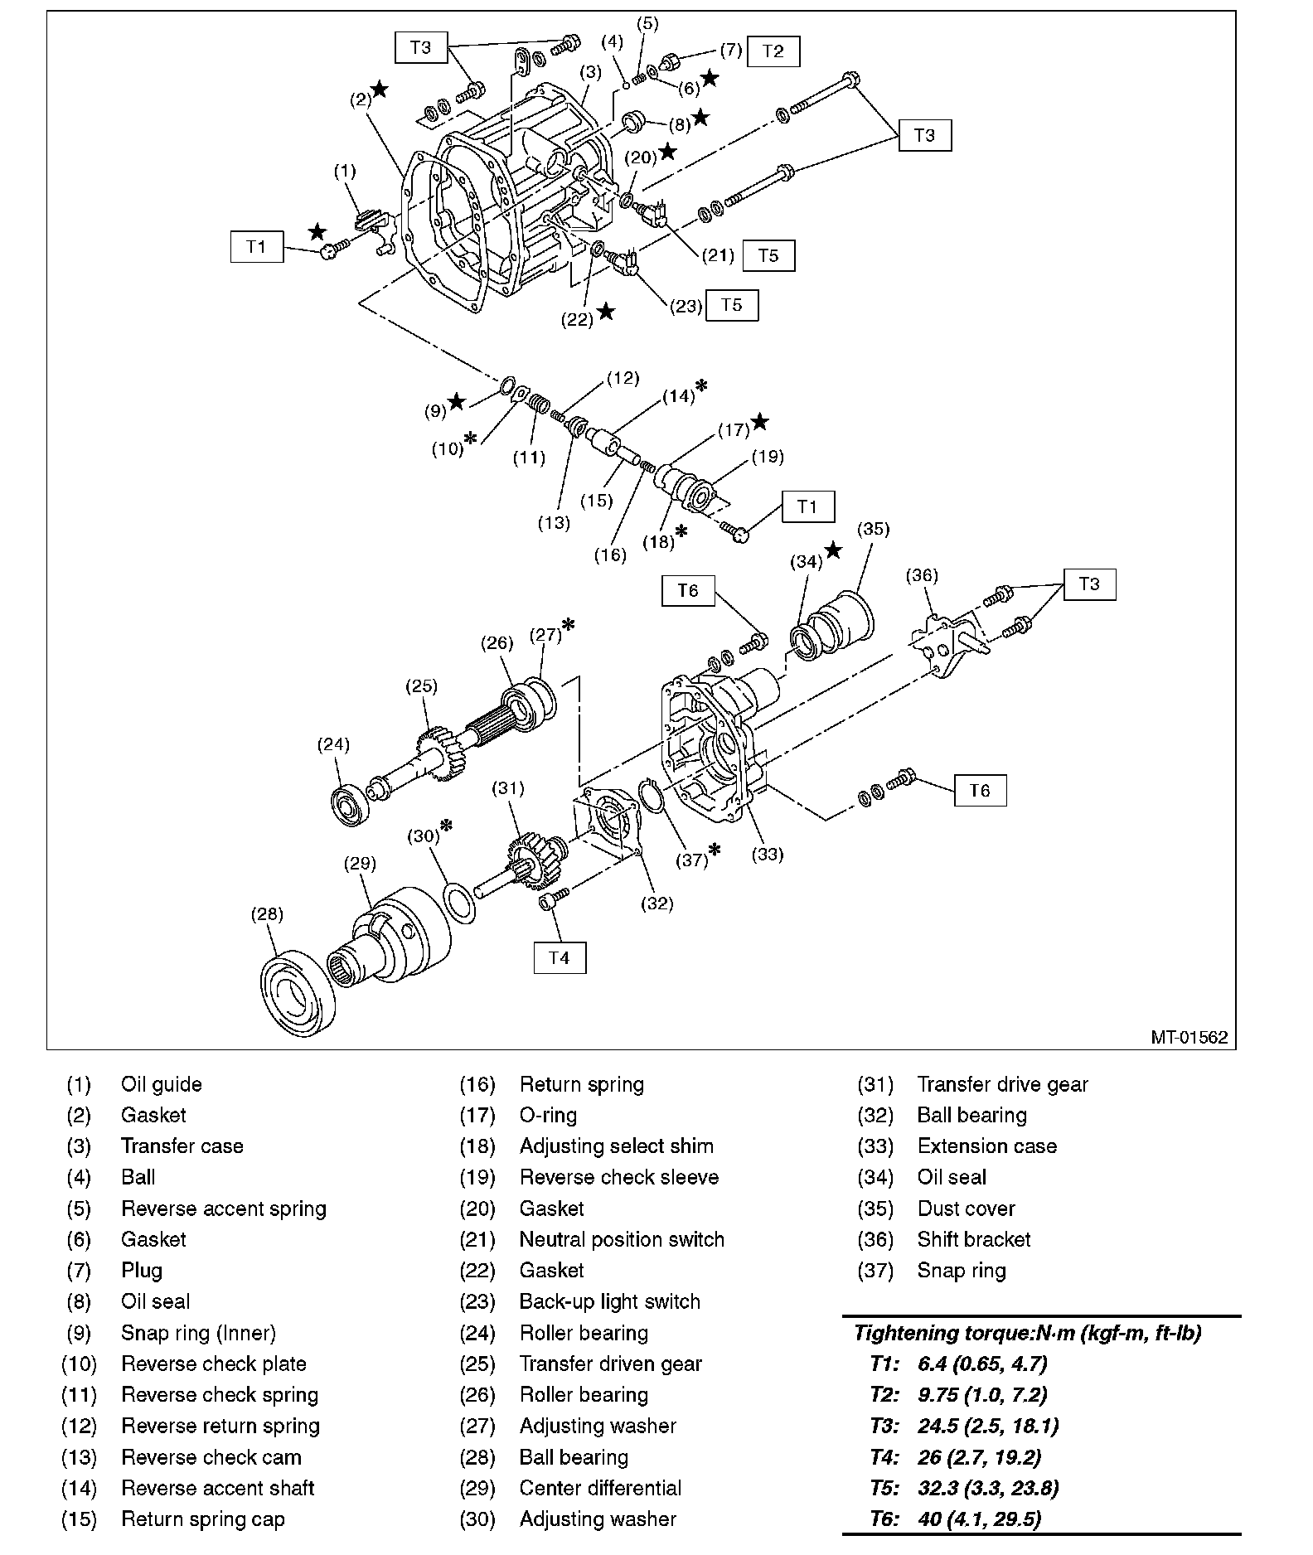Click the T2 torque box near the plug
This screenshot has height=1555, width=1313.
click(x=773, y=51)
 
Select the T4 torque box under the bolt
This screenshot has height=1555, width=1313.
click(x=560, y=957)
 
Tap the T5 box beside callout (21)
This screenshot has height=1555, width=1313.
click(x=768, y=255)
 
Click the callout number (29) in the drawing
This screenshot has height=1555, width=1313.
click(x=360, y=863)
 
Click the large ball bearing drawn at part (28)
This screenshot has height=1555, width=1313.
click(x=298, y=994)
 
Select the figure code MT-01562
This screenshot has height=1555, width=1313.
click(x=1189, y=1037)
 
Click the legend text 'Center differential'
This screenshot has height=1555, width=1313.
click(x=600, y=1488)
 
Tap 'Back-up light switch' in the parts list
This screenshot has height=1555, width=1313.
click(x=609, y=1301)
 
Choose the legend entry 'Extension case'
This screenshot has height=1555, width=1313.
click(x=986, y=1146)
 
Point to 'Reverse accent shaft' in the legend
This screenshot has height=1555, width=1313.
click(x=217, y=1488)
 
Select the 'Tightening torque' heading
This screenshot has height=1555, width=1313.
click(x=1027, y=1333)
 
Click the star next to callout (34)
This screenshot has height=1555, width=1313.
click(x=833, y=550)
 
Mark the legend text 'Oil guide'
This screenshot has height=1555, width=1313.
click(x=161, y=1084)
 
